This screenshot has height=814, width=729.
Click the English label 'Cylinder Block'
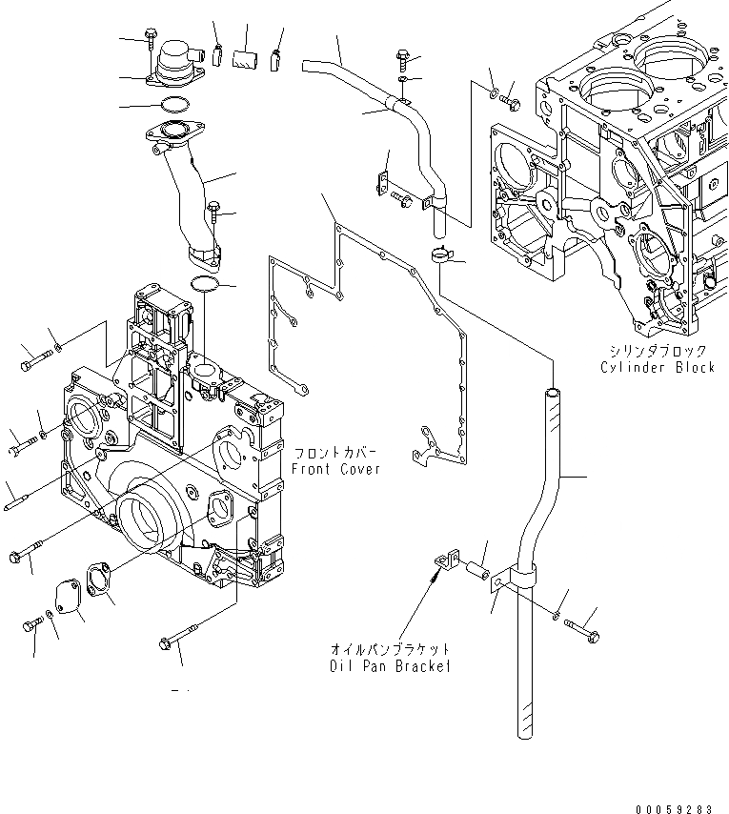[x=657, y=368]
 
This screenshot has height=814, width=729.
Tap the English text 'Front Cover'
[x=335, y=469]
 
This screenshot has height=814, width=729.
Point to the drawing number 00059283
[x=672, y=806]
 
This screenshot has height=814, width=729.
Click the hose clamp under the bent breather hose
[x=440, y=254]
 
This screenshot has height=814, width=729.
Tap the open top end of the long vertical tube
[x=551, y=390]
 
